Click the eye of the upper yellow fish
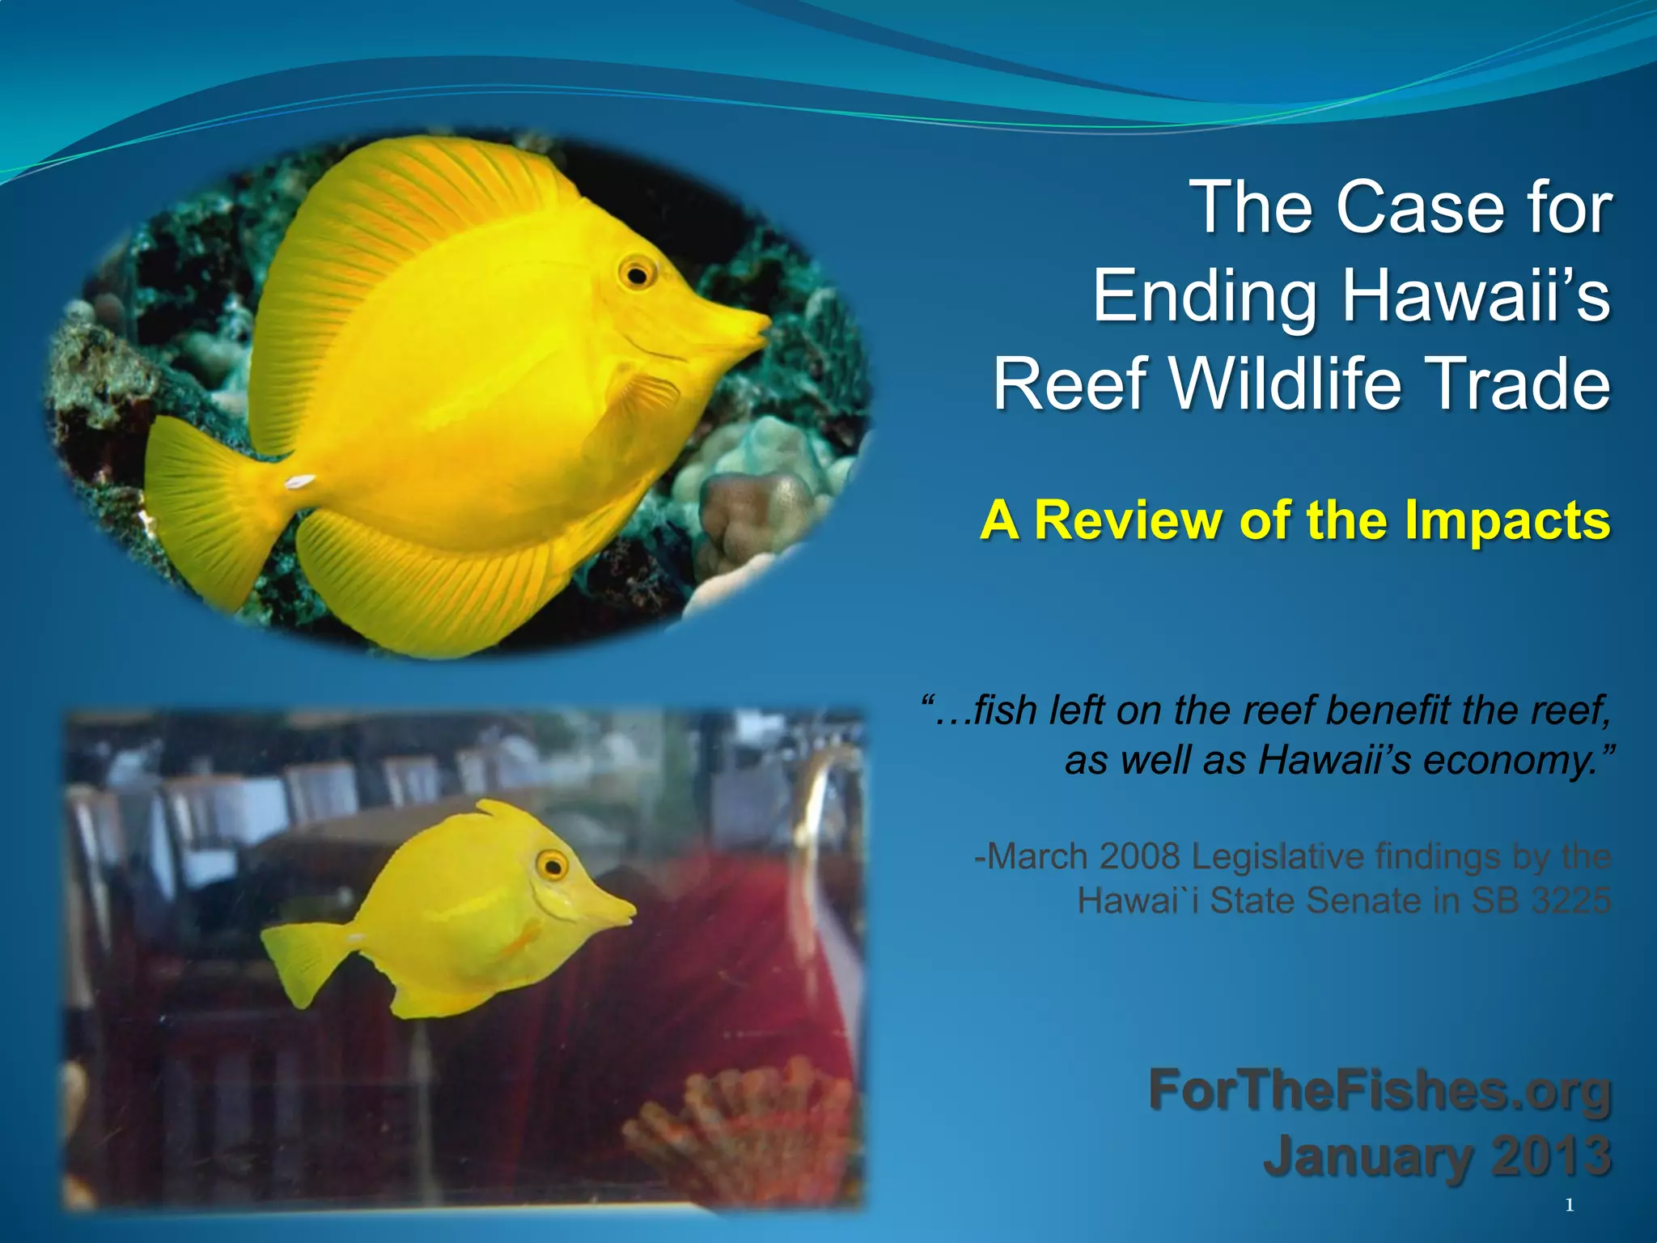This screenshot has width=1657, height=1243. coord(638,275)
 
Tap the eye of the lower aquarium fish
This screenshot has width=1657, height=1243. coord(553,867)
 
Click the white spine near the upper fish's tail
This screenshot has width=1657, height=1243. coord(299,482)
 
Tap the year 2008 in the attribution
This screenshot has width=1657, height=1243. coord(1141,856)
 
